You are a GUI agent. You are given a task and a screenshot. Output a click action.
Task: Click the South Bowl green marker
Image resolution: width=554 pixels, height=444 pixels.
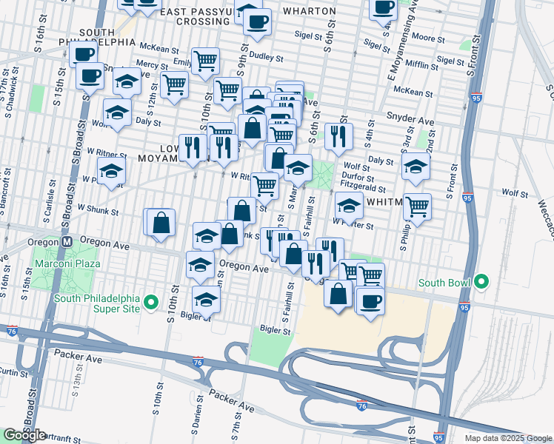[481, 282]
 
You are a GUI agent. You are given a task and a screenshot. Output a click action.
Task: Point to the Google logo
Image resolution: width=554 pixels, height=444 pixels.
[24, 435]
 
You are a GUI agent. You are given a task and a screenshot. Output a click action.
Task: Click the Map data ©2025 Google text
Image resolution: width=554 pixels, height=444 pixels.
[508, 438]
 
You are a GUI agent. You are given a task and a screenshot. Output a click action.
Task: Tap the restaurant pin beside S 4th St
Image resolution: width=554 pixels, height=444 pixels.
[338, 135]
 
